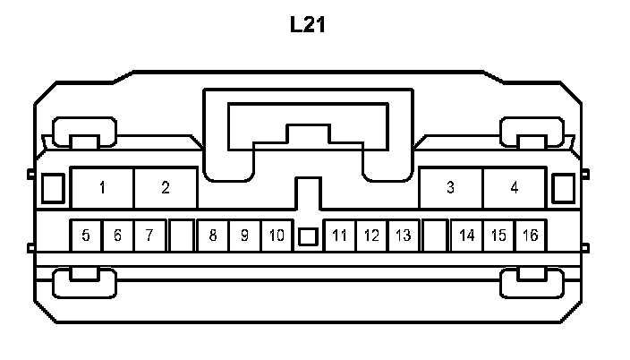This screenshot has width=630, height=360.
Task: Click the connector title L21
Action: (x=307, y=24)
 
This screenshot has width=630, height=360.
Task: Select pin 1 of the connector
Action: (x=103, y=188)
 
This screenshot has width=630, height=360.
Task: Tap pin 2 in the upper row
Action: (x=166, y=188)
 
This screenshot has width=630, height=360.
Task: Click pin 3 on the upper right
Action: (x=450, y=188)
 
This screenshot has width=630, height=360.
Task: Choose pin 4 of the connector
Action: (x=514, y=188)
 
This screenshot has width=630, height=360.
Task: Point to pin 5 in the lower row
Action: (x=86, y=236)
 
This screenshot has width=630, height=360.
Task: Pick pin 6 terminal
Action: (x=117, y=236)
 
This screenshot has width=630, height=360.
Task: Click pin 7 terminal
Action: (x=149, y=236)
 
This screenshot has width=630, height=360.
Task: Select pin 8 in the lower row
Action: (x=213, y=236)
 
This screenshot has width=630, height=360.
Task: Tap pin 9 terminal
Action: (x=244, y=236)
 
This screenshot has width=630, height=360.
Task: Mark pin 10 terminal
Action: (x=277, y=236)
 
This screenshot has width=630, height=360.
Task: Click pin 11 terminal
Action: (x=339, y=236)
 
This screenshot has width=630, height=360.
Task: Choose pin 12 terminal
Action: (x=371, y=236)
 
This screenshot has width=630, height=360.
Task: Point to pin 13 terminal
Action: (x=404, y=236)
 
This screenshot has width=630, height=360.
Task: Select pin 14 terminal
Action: (x=467, y=236)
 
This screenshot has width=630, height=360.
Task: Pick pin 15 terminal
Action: (x=498, y=236)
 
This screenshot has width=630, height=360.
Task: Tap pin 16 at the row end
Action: (x=531, y=236)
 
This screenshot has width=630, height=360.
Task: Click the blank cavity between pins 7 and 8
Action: (x=182, y=236)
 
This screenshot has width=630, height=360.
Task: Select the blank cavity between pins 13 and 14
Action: (x=435, y=236)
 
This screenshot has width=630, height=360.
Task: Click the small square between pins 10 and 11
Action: (x=308, y=237)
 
